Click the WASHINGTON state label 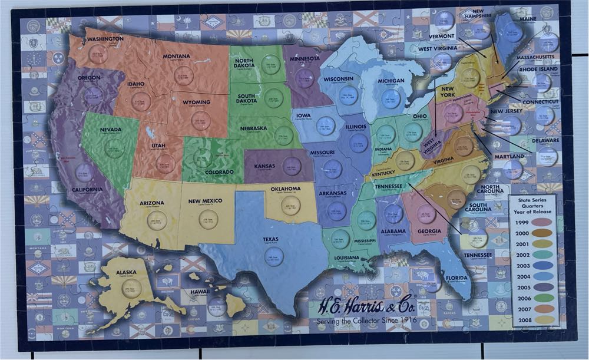pyautogui.click(x=105, y=39)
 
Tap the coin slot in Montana pyautogui.click(x=184, y=75)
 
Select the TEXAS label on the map pyautogui.click(x=270, y=239)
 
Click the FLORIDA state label pyautogui.click(x=456, y=278)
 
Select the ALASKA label pyautogui.click(x=127, y=273)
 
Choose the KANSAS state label pyautogui.click(x=264, y=166)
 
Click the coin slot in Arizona pyautogui.click(x=157, y=220)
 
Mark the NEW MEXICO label pyautogui.click(x=205, y=201)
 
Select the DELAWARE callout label pyautogui.click(x=545, y=140)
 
